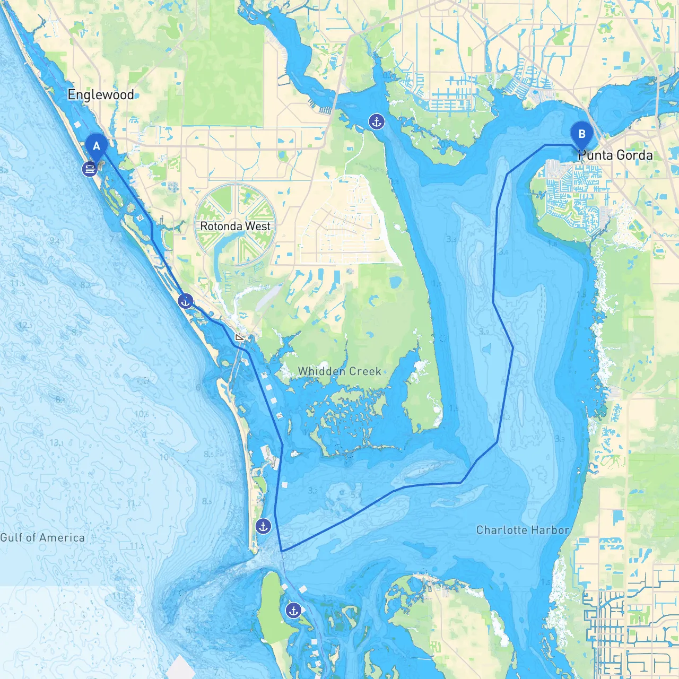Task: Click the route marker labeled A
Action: pyautogui.click(x=96, y=146)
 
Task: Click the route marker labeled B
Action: pyautogui.click(x=581, y=134)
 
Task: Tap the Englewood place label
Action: pyautogui.click(x=101, y=95)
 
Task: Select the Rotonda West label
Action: pyautogui.click(x=235, y=226)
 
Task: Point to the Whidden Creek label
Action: pyautogui.click(x=339, y=371)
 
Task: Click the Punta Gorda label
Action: pyautogui.click(x=615, y=155)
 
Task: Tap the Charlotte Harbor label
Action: pyautogui.click(x=523, y=530)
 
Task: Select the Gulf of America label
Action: pyautogui.click(x=42, y=538)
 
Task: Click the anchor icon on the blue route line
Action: pyautogui.click(x=185, y=301)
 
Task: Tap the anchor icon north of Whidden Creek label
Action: pyautogui.click(x=376, y=122)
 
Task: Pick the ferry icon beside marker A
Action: pyautogui.click(x=89, y=169)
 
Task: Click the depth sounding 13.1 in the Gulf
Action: pyautogui.click(x=56, y=442)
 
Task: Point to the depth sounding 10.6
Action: pyautogui.click(x=142, y=414)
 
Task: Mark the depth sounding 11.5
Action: pyautogui.click(x=18, y=284)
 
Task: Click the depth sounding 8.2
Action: pyautogui.click(x=85, y=285)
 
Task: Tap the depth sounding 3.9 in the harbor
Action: pyautogui.click(x=484, y=332)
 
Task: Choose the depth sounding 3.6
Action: pyautogui.click(x=503, y=252)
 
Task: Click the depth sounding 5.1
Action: pyautogui.click(x=355, y=495)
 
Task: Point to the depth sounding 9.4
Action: pyautogui.click(x=55, y=241)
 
